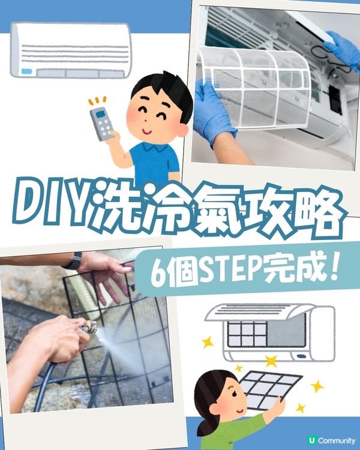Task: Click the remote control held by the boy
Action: click(100, 124)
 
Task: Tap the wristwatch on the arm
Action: click(73, 260)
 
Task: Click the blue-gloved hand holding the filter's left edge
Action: click(213, 111)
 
